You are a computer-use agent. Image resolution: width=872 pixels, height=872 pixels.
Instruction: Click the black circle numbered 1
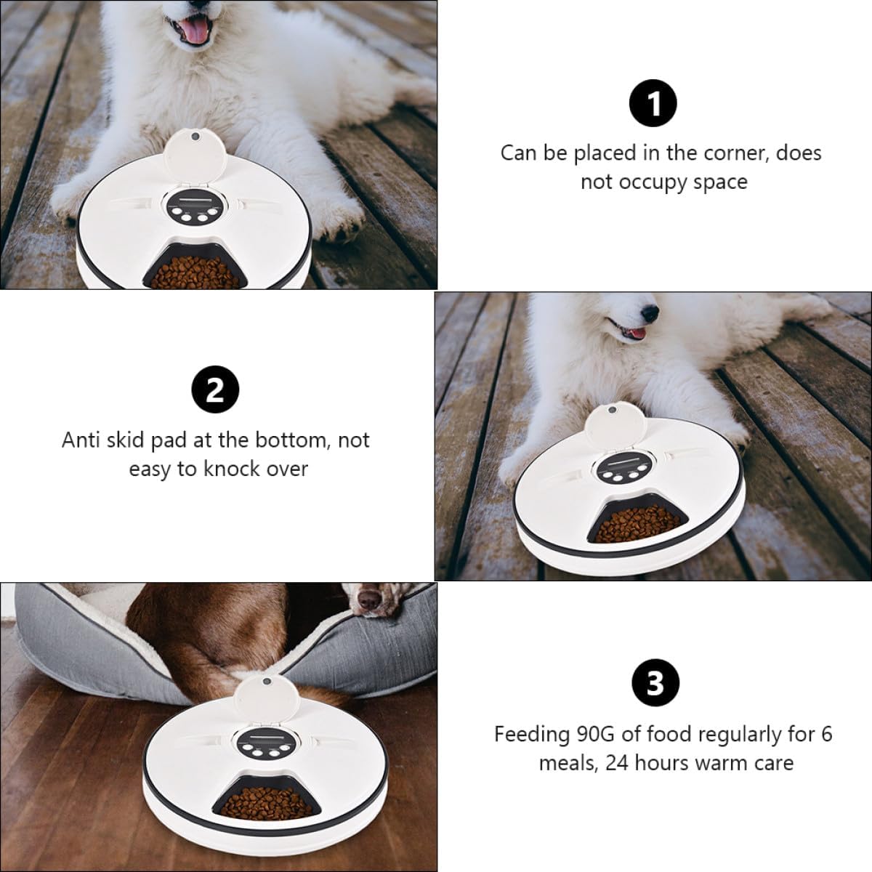tap(653, 105)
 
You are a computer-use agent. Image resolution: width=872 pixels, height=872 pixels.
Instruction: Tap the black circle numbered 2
tap(215, 392)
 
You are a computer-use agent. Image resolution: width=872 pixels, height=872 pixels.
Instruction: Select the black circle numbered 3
tap(653, 683)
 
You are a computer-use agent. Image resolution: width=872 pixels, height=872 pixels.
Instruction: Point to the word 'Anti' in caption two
tap(83, 440)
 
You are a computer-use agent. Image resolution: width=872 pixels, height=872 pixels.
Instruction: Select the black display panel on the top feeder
tap(195, 208)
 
